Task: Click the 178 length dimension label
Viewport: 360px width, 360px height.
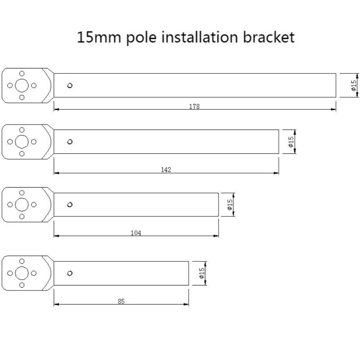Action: tap(194, 107)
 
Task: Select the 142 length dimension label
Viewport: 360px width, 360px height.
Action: tap(166, 170)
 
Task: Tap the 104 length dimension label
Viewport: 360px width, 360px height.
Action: tap(136, 233)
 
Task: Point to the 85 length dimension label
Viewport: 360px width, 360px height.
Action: tap(121, 301)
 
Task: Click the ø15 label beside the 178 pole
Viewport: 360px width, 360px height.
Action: tap(354, 85)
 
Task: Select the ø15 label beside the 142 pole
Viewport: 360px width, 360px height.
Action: tap(291, 141)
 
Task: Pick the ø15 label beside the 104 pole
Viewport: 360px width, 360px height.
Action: tap(230, 204)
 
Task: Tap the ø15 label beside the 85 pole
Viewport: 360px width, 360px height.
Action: tap(202, 273)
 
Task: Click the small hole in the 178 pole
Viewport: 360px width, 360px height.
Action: tap(70, 85)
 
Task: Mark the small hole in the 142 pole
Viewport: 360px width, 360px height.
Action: tap(70, 141)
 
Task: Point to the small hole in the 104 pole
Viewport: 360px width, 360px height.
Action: tap(70, 205)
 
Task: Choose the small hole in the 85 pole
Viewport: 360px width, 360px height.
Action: tap(70, 273)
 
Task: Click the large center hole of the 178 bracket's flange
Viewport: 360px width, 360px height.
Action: tap(22, 85)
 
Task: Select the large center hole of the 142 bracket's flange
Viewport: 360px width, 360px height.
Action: tap(22, 141)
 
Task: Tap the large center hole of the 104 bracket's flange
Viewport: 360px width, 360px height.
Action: tap(22, 204)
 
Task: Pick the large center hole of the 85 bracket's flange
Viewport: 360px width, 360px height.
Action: tap(22, 273)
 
